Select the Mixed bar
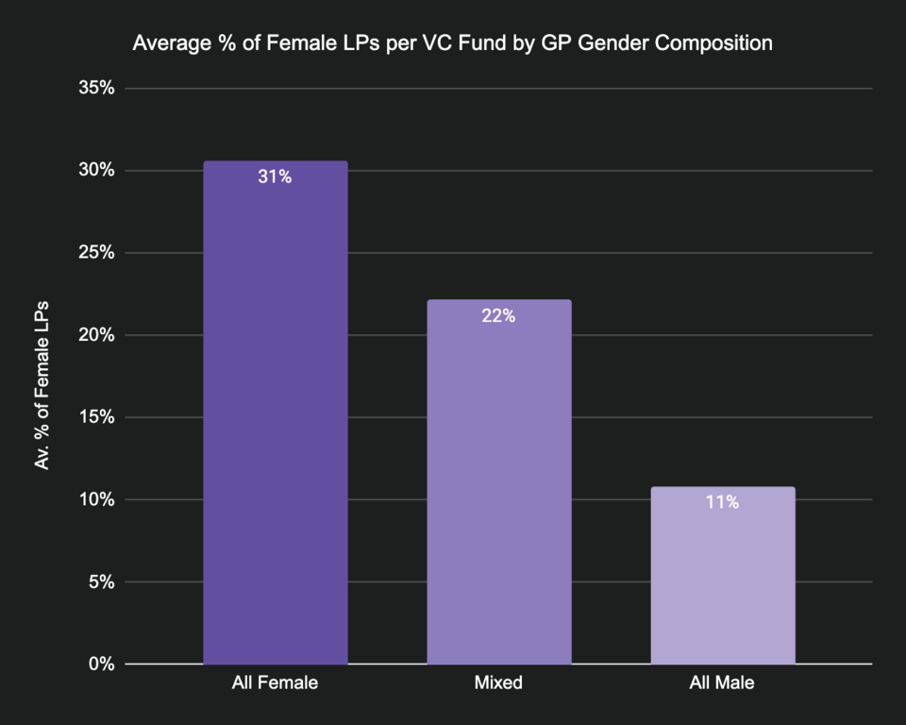[498, 481]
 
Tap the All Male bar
[723, 575]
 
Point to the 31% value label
[275, 177]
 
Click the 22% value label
[498, 316]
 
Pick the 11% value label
[723, 502]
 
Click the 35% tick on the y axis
[95, 89]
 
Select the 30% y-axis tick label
[95, 171]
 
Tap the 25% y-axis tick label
[95, 253]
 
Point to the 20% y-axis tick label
[95, 335]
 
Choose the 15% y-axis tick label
[95, 417]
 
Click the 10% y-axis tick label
[95, 499]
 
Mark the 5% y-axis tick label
[100, 582]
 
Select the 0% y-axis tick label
[100, 664]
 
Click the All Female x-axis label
[275, 683]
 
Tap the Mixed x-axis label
[498, 683]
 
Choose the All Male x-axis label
[723, 683]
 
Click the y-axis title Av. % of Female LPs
[42, 387]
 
